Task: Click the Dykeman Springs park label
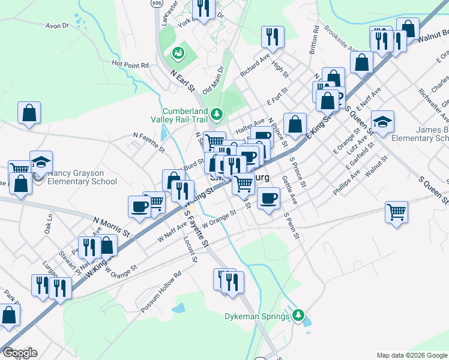coord(258,316)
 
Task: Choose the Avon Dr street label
coord(58,26)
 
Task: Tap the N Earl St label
coord(183,80)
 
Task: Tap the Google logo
coord(20,353)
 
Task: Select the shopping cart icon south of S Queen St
coord(396,211)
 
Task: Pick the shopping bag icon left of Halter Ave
coord(294,124)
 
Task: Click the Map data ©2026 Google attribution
coord(412,355)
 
